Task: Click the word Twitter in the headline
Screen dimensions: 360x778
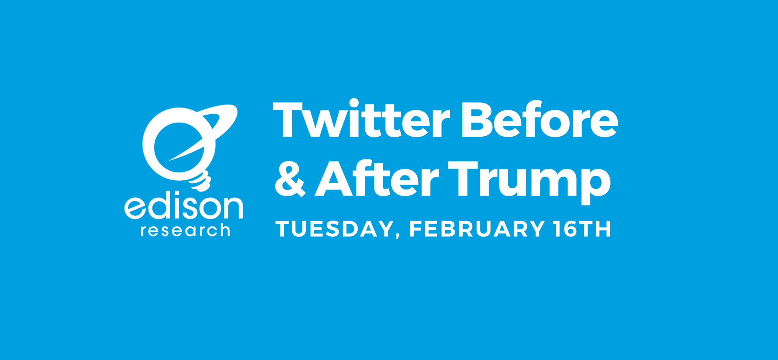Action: pos(361,120)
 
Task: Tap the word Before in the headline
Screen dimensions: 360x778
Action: pos(539,120)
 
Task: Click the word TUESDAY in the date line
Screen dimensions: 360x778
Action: pos(334,229)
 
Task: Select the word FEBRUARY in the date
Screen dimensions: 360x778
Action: pos(477,229)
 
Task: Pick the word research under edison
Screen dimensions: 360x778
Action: pos(185,231)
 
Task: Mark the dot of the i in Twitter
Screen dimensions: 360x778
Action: pos(354,103)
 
